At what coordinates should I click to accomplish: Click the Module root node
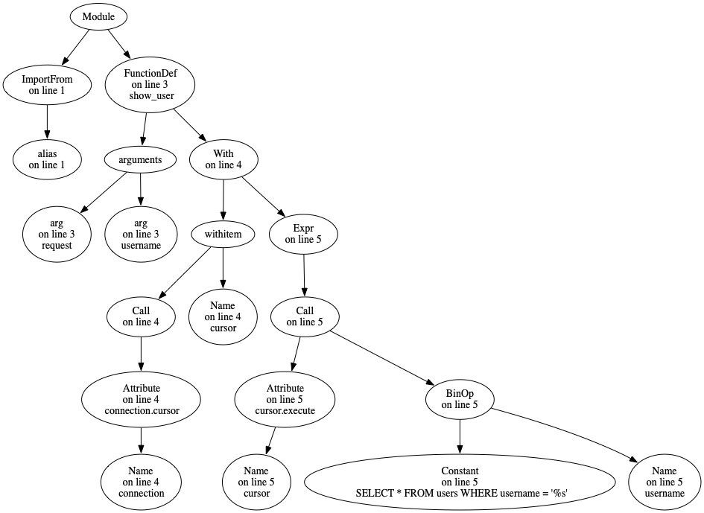pyautogui.click(x=99, y=16)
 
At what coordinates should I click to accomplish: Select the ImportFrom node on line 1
pyautogui.click(x=48, y=84)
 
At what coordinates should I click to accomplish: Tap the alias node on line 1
pyautogui.click(x=48, y=159)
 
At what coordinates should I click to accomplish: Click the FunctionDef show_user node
pyautogui.click(x=150, y=84)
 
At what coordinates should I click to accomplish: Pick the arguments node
pyautogui.click(x=142, y=159)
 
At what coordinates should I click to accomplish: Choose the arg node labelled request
pyautogui.click(x=57, y=234)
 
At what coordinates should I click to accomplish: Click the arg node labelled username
pyautogui.click(x=141, y=234)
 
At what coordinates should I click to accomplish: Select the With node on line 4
pyautogui.click(x=224, y=159)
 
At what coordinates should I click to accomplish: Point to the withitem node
pyautogui.click(x=223, y=235)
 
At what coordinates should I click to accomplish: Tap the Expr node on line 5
pyautogui.click(x=304, y=234)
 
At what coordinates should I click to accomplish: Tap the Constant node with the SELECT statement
pyautogui.click(x=459, y=482)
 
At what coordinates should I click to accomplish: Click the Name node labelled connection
pyautogui.click(x=141, y=482)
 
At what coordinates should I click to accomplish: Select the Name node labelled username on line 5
pyautogui.click(x=665, y=482)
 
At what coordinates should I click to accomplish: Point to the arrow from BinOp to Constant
pyautogui.click(x=460, y=436)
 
